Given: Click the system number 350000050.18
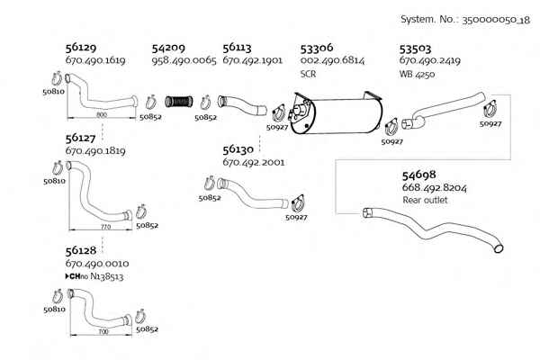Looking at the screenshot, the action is (496, 20).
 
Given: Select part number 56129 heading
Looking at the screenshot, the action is (81, 47).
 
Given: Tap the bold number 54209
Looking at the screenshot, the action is (168, 48).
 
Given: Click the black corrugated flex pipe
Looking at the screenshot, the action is (179, 102).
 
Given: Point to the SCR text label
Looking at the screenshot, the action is (308, 74).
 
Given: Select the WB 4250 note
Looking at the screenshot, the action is (417, 74).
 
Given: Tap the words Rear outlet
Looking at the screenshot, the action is (425, 200).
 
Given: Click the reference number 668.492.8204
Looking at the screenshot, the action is (435, 188).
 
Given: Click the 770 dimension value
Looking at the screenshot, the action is (105, 227).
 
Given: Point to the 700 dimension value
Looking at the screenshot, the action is (103, 332).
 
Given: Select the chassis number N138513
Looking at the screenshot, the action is (107, 276).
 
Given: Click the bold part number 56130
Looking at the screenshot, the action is (238, 149).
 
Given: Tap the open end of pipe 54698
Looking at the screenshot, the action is (499, 247).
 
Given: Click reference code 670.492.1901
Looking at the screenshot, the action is (252, 60).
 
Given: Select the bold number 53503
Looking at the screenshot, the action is (415, 49).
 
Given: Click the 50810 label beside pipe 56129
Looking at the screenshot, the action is (54, 92).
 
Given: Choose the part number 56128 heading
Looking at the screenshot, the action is (81, 250).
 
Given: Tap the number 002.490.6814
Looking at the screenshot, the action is (332, 60).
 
